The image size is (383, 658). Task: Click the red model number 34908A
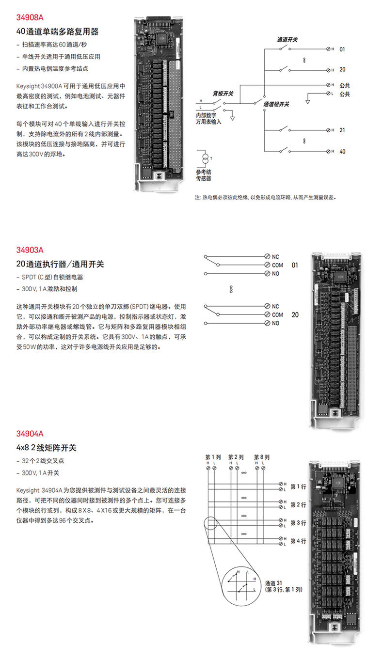pos(30,18)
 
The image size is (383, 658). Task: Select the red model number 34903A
pos(30,251)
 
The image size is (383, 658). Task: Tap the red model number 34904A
pos(30,434)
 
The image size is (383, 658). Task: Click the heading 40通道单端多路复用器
pos(57,31)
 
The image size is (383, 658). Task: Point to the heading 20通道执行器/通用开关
pos(60,264)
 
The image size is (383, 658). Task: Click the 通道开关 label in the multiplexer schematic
pos(287,40)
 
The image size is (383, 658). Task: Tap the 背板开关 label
pos(223,93)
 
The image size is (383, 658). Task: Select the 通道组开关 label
pos(276,104)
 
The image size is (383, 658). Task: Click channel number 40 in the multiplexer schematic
pos(342,152)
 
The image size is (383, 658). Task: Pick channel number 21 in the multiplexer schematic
pos(342,130)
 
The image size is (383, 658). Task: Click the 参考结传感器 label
pos(204,175)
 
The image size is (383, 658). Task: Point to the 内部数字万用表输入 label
pos(208,119)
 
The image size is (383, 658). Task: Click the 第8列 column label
pos(262,457)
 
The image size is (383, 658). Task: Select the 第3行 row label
pos(298,523)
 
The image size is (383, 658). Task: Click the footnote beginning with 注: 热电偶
pos(265,198)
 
